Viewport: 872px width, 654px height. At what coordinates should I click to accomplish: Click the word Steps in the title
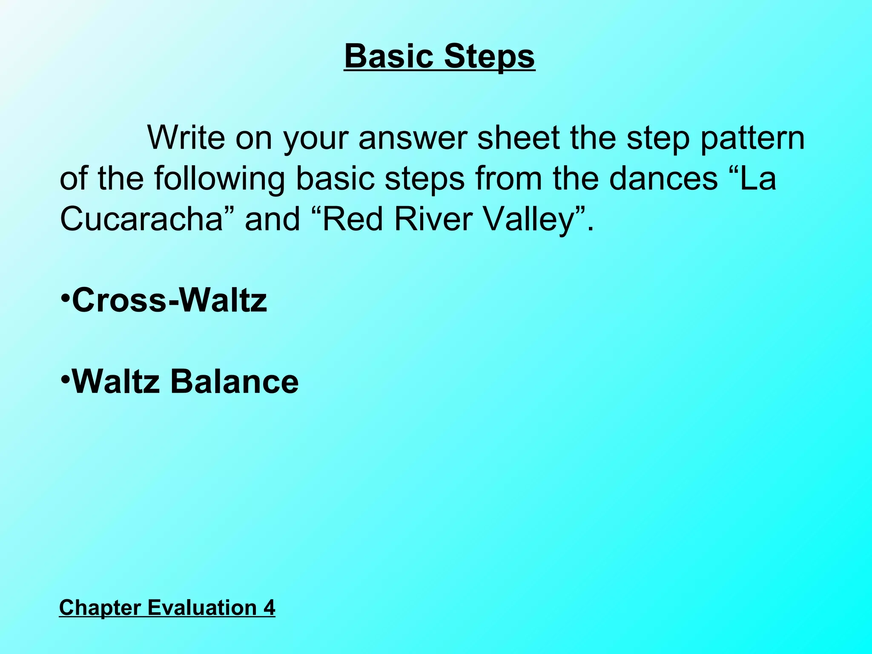point(489,56)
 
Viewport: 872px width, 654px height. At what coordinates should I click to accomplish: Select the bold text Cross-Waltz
point(169,300)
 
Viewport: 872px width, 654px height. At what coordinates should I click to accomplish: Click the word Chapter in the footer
point(100,607)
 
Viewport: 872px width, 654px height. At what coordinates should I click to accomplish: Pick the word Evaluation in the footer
point(202,607)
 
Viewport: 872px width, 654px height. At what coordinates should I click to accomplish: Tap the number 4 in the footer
point(269,607)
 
